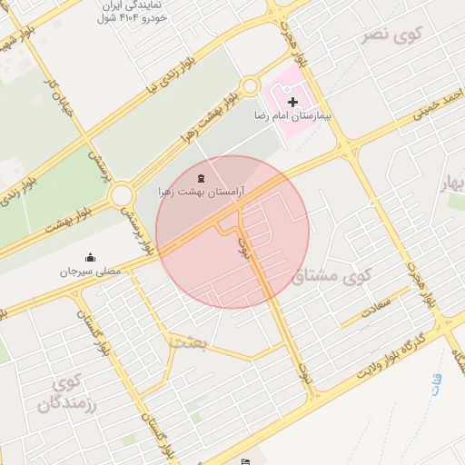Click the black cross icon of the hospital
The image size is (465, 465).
(292, 104)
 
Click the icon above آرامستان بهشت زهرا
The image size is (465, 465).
(201, 177)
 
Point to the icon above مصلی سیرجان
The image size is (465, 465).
(90, 257)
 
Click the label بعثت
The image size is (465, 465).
(188, 341)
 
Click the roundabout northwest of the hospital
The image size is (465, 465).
(250, 86)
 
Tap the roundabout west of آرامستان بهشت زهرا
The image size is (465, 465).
(122, 194)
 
